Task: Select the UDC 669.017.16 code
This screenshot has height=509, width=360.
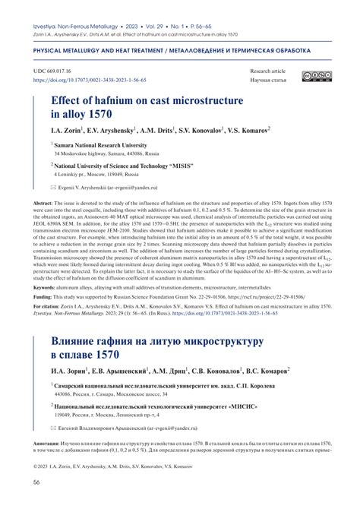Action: pyautogui.click(x=55, y=70)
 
